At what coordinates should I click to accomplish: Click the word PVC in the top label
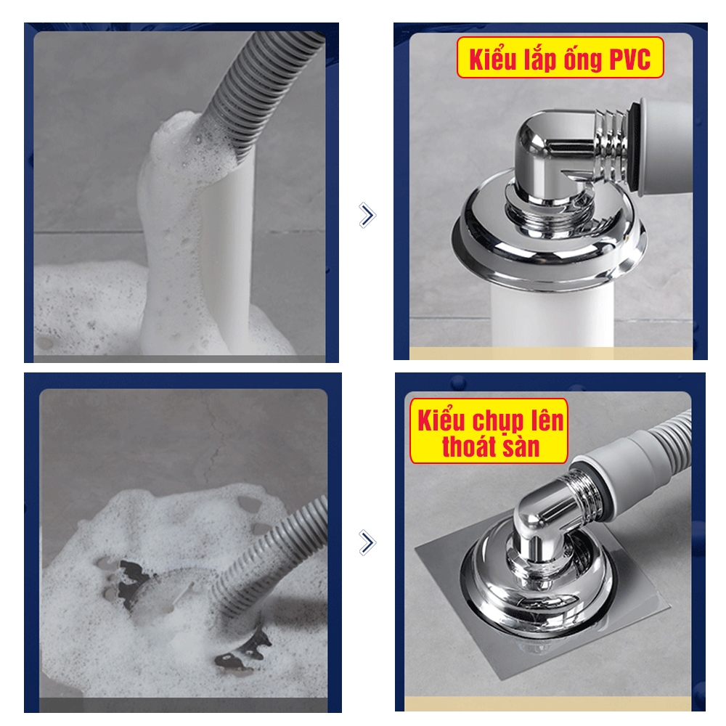(x=629, y=60)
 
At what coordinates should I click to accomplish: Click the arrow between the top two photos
(x=367, y=216)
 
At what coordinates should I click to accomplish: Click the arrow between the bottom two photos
(x=367, y=542)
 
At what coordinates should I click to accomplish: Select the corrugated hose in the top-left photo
(x=259, y=93)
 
